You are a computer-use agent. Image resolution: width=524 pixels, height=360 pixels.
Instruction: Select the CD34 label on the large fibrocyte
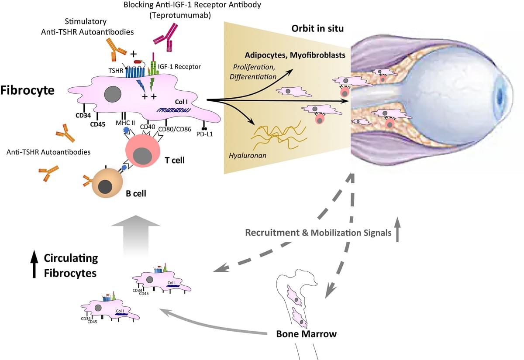83,116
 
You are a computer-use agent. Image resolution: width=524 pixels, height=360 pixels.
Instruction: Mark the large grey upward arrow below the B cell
136,238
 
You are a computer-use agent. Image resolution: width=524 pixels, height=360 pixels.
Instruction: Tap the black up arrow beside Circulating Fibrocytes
33,264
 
